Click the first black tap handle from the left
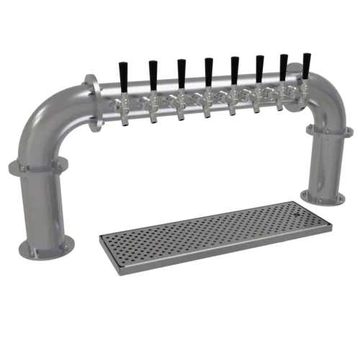click(122, 72)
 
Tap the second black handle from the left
click(153, 71)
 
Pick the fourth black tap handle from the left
click(207, 68)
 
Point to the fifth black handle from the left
click(234, 66)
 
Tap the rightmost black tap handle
click(306, 65)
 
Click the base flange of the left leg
click(35, 246)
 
